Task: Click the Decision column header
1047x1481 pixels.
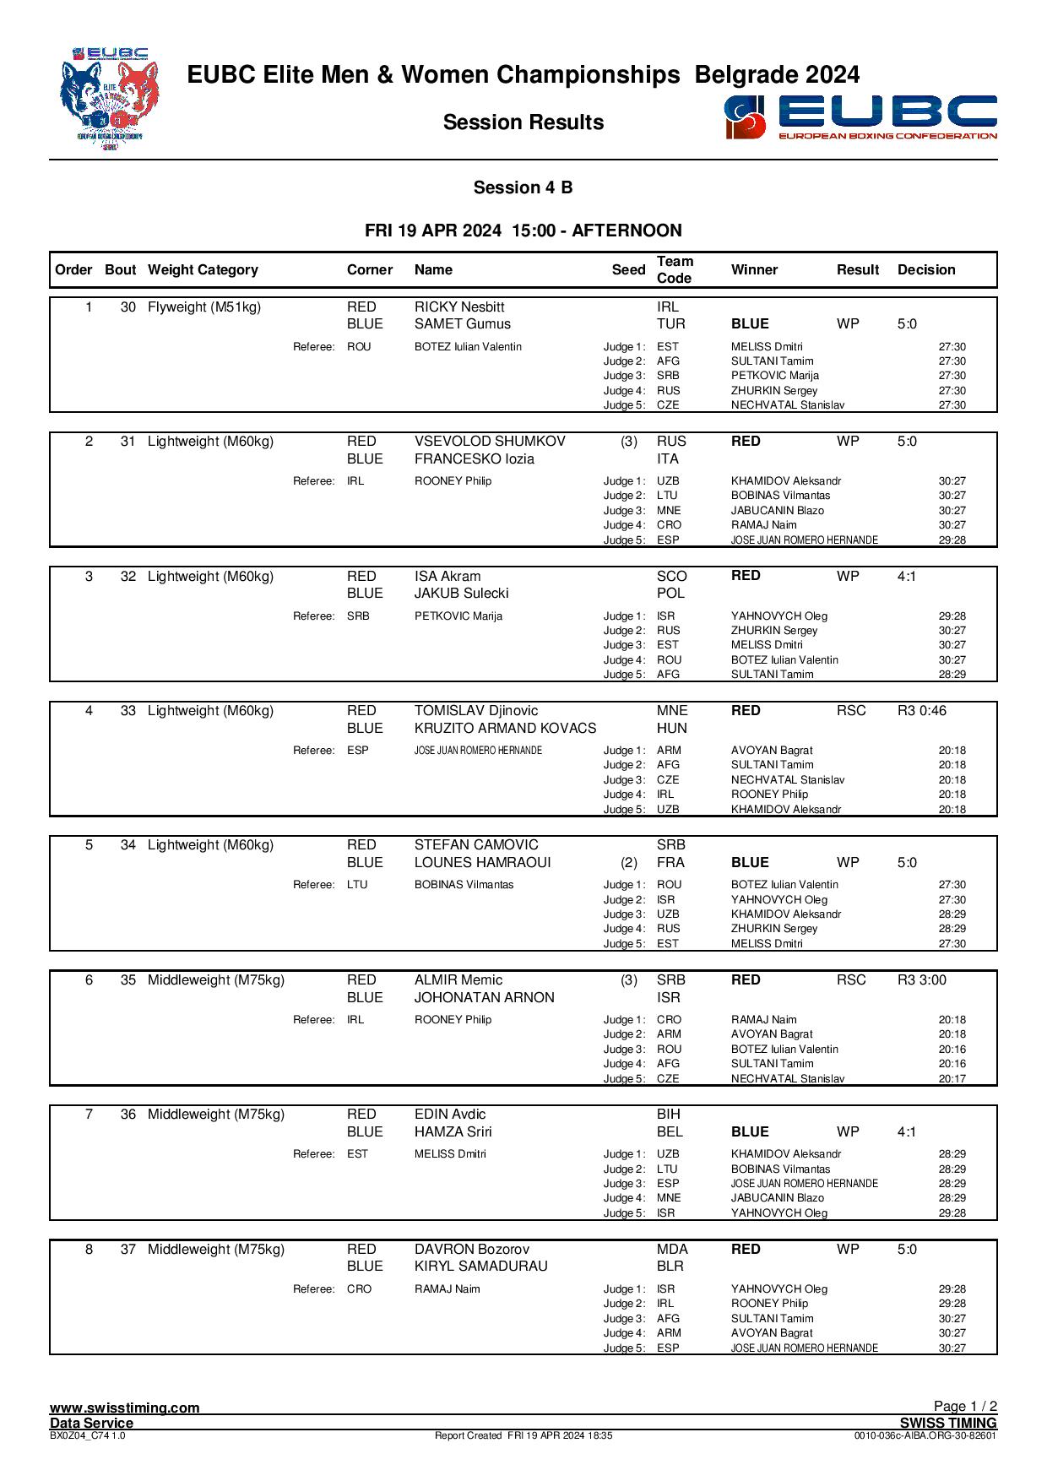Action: [926, 270]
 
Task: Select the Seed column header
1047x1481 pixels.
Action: [628, 270]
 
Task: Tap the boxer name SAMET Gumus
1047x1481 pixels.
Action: [462, 324]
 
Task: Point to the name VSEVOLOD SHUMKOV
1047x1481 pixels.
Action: [490, 442]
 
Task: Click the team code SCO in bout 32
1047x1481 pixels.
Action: [672, 577]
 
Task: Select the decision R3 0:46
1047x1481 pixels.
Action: [921, 711]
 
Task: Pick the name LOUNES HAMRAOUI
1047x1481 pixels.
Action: [482, 863]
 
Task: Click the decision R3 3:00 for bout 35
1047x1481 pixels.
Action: [921, 980]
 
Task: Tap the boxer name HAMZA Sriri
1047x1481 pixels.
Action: [453, 1132]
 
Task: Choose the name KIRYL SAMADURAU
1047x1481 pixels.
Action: [480, 1267]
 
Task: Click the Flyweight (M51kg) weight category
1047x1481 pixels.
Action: [204, 307]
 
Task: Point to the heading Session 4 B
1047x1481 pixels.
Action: [523, 187]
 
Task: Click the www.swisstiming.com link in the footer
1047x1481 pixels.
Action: [125, 1408]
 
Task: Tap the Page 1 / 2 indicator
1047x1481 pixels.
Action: [965, 1406]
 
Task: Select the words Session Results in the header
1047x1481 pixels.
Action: [523, 122]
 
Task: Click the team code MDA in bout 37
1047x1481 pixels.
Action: [672, 1250]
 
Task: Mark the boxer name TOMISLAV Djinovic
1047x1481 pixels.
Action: [475, 711]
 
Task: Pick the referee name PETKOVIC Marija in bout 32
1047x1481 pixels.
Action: [458, 616]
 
